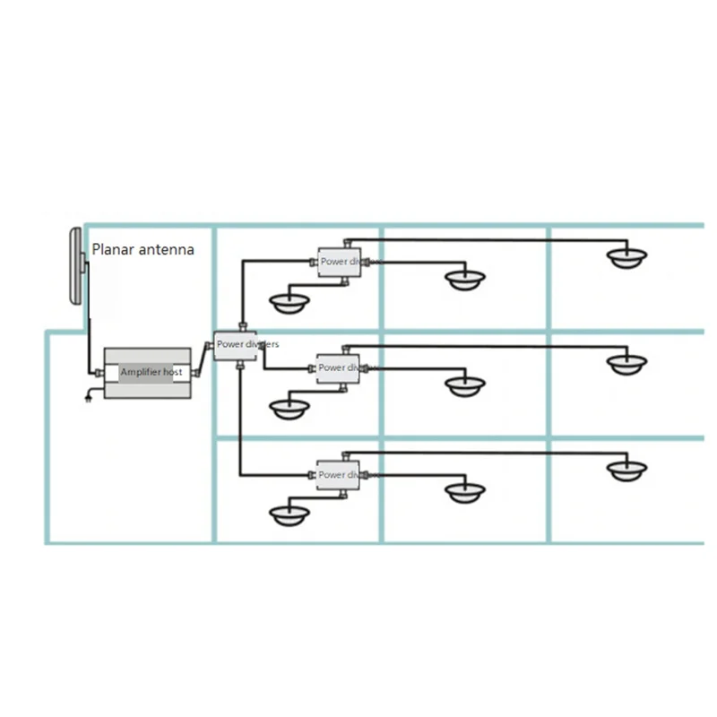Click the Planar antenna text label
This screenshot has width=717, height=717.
pyautogui.click(x=143, y=250)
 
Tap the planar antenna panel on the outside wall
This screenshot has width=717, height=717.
pyautogui.click(x=77, y=266)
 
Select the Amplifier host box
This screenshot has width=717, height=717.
pyautogui.click(x=148, y=373)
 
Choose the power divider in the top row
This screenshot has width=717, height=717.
pyautogui.click(x=340, y=262)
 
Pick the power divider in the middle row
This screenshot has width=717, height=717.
pyautogui.click(x=340, y=368)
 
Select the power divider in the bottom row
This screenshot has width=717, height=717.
pyautogui.click(x=340, y=475)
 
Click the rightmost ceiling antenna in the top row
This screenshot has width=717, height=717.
pyautogui.click(x=626, y=258)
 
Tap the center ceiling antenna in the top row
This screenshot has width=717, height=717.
pyautogui.click(x=465, y=280)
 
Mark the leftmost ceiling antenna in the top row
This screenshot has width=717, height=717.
pyautogui.click(x=289, y=303)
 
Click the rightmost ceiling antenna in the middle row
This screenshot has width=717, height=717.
pyautogui.click(x=626, y=365)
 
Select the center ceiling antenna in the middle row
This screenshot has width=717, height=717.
pyautogui.click(x=465, y=386)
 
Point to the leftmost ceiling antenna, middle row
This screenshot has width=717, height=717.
pyautogui.click(x=289, y=409)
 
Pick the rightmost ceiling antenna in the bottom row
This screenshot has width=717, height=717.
pyautogui.click(x=626, y=471)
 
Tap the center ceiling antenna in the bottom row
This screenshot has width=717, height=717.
pyautogui.click(x=465, y=492)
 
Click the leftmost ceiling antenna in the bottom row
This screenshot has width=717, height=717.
pyautogui.click(x=289, y=514)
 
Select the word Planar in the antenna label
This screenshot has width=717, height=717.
pyautogui.click(x=114, y=250)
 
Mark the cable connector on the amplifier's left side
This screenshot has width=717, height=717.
pyautogui.click(x=96, y=372)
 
